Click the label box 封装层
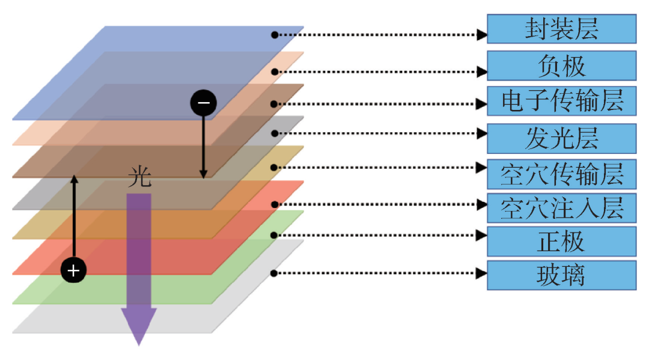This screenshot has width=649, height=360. coord(561,29)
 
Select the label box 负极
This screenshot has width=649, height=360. coord(561,66)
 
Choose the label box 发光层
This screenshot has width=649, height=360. coord(561,138)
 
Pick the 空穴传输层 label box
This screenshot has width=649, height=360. coord(561,174)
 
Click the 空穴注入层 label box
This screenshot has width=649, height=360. coord(561,208)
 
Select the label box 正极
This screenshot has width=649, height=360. coord(561,242)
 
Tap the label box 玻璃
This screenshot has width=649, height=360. coord(561,275)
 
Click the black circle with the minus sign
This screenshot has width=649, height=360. coord(203,103)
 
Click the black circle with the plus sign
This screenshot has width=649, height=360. coord(73,271)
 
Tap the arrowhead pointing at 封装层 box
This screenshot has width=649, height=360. coord(481,35)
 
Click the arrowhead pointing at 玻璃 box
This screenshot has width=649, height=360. coord(481,273)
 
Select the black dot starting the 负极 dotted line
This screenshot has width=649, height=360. coord(274,72)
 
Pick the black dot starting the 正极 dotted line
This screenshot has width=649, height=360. coord(274,235)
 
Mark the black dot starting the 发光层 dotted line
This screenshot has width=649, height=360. coord(274,133)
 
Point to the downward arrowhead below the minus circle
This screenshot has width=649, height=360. coord(203,174)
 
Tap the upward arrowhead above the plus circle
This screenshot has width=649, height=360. coord(74,178)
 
